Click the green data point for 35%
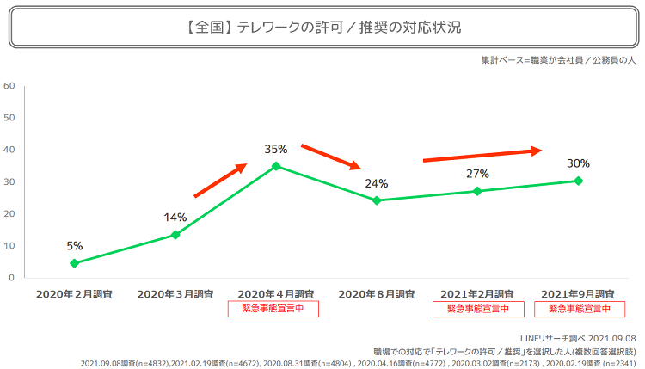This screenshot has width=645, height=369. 276,166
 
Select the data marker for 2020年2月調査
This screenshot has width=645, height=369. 75,263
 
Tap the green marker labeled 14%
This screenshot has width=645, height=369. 175,235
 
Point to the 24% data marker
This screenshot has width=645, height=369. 377,200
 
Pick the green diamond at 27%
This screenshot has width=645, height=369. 477,191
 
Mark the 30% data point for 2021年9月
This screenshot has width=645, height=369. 579,181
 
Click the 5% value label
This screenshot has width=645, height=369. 75,246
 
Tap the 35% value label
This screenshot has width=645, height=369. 275,149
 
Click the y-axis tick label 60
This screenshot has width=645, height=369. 9,85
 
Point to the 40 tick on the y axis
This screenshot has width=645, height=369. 9,150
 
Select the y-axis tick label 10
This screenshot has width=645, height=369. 9,246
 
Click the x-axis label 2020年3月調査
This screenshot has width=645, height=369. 175,294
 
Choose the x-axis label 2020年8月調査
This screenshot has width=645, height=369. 377,294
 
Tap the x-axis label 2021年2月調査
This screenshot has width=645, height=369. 477,294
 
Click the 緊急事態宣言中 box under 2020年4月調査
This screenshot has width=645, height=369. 273,309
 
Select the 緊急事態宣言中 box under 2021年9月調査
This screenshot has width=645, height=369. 580,309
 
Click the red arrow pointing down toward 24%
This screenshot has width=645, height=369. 331,157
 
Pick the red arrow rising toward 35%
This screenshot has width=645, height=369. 220,181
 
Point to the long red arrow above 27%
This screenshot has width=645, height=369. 482,155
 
